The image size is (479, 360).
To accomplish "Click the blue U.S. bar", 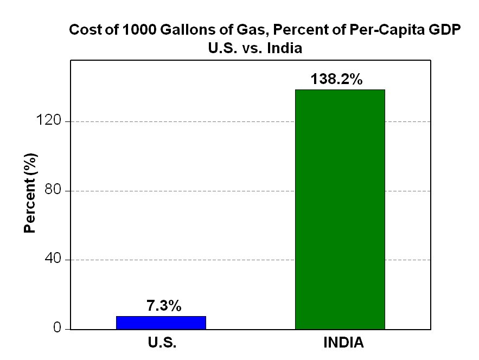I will (x=161, y=323).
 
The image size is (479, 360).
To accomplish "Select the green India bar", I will (x=340, y=209).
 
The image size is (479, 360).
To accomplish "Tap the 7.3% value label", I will (x=163, y=306).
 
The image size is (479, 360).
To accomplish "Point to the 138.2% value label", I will (x=336, y=80).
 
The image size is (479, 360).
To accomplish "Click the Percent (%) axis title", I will (x=30, y=194).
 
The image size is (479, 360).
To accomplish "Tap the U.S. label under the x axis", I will (x=162, y=343).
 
